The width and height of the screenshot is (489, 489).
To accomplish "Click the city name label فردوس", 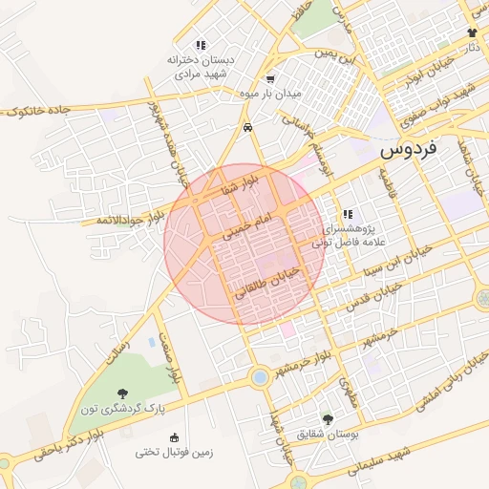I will tap(408, 149).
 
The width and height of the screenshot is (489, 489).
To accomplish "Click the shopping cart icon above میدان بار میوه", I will tap(271, 79).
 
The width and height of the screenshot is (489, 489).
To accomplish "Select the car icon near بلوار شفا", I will tap(247, 126).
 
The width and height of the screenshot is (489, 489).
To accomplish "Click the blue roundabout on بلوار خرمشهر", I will tap(259, 377).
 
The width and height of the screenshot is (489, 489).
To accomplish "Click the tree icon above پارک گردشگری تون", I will tap(122, 393).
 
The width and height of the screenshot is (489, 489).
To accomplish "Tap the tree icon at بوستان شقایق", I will tap(328, 419).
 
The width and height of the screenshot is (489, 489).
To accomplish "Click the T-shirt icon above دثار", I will tap(472, 32).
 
